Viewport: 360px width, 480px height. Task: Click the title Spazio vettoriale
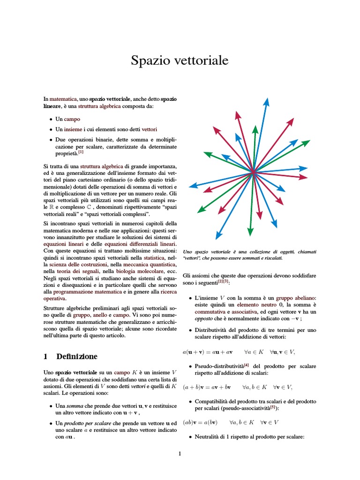click(x=180, y=60)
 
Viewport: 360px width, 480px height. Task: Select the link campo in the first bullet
click(x=72, y=119)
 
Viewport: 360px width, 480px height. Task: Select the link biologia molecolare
click(x=138, y=271)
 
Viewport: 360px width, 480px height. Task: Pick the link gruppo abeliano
click(x=296, y=298)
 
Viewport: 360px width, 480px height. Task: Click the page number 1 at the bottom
click(x=180, y=453)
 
